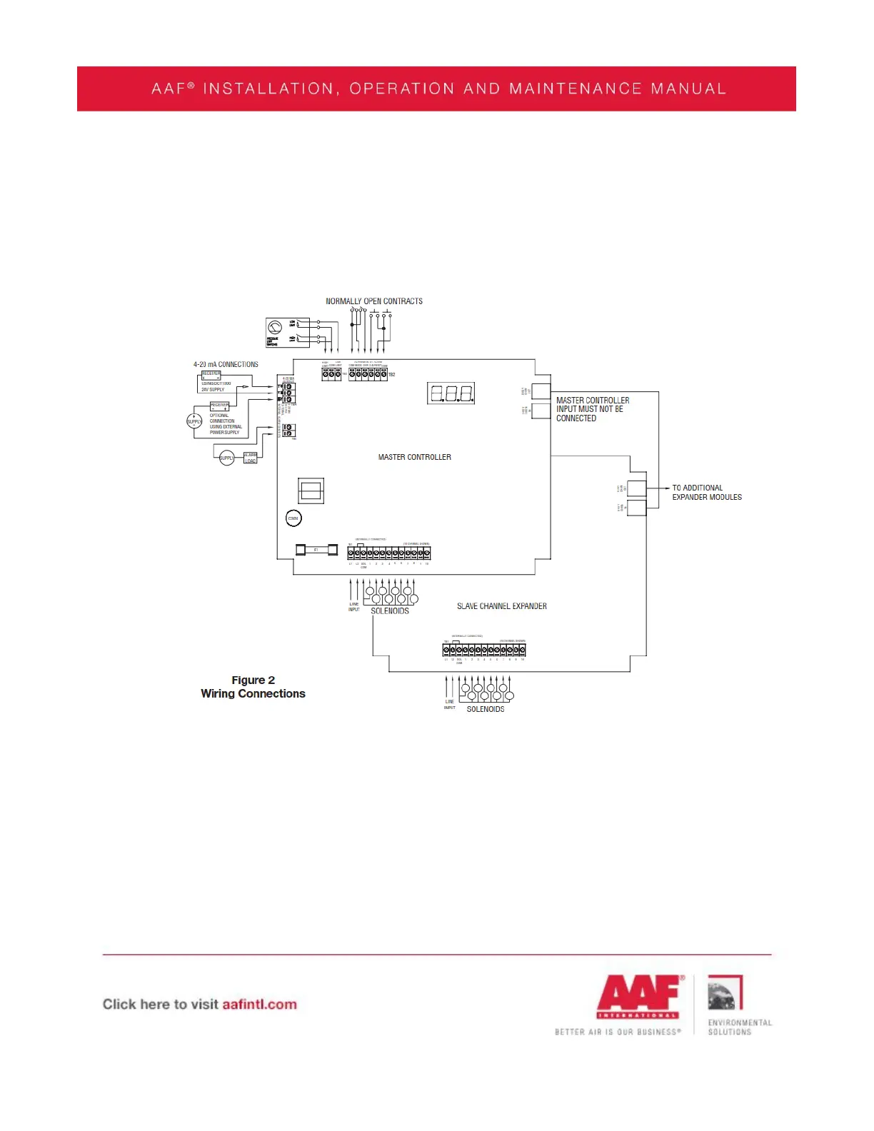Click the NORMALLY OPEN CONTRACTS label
point(373,301)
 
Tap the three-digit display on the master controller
point(451,393)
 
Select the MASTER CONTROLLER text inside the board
point(414,457)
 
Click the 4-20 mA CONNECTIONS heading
point(226,364)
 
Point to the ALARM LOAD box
point(250,458)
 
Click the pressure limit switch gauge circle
point(275,328)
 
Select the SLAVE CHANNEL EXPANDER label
point(502,606)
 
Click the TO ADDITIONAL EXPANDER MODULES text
point(706,493)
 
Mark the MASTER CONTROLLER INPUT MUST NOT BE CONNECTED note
point(592,409)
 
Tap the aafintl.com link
point(259,1004)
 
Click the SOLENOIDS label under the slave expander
point(486,709)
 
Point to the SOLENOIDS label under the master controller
point(390,611)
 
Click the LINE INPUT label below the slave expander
point(450,705)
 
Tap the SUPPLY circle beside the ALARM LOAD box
point(226,458)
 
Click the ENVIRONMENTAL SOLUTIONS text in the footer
point(740,1027)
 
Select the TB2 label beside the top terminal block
point(391,374)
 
